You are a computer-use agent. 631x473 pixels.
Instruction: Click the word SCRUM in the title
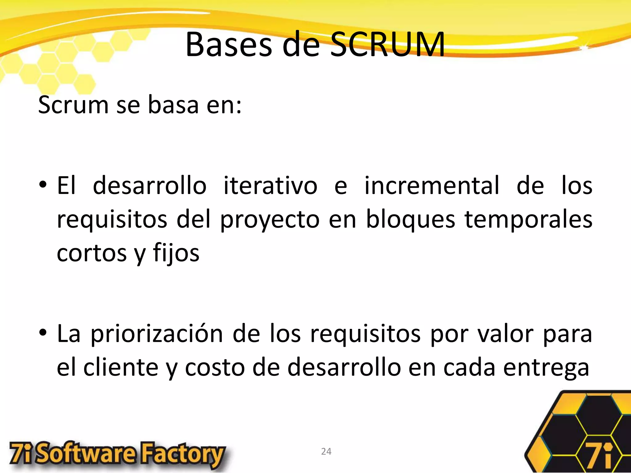pyautogui.click(x=388, y=45)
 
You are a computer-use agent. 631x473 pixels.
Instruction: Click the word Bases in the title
pyautogui.click(x=229, y=45)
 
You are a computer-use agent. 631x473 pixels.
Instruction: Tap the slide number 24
pyautogui.click(x=326, y=451)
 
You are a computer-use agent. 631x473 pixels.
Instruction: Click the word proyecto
pyautogui.click(x=270, y=220)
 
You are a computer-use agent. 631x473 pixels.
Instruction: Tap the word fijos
pyautogui.click(x=176, y=253)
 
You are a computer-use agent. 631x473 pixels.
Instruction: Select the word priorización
pyautogui.click(x=157, y=334)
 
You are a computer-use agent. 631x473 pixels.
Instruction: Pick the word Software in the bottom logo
pyautogui.click(x=87, y=455)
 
